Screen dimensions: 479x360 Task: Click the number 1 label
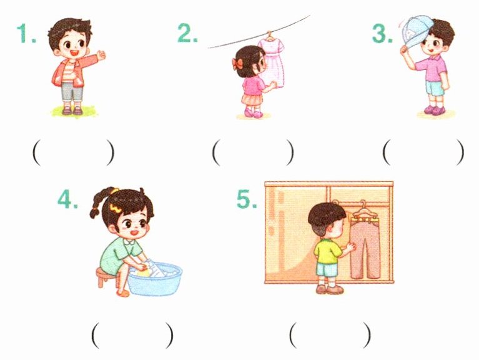(27, 33)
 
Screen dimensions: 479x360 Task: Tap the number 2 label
(187, 32)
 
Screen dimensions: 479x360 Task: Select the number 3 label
(382, 33)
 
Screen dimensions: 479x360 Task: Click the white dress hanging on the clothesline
(271, 62)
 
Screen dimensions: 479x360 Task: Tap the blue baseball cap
(417, 31)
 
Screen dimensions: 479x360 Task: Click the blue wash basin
(155, 278)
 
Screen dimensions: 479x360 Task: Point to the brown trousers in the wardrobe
(365, 247)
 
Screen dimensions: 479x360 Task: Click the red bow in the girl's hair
(237, 63)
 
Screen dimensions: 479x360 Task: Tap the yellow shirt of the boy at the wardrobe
(327, 251)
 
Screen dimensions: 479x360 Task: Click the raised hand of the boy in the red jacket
(101, 55)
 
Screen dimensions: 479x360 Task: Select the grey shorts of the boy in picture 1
(72, 92)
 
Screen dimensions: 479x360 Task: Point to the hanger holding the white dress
(269, 36)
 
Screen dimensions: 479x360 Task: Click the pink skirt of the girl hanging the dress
(252, 99)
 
